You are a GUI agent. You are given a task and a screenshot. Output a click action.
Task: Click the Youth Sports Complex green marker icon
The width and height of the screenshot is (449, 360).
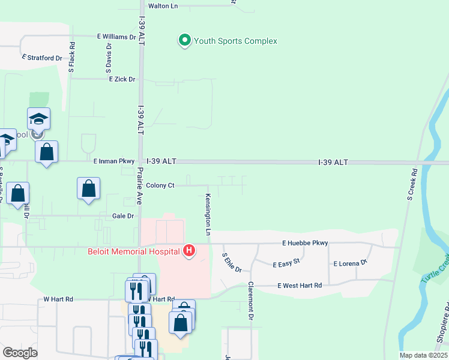(185, 41)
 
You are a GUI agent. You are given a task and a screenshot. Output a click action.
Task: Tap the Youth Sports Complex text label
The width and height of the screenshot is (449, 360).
(235, 41)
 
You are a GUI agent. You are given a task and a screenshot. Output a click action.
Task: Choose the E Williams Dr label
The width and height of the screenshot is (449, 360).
(116, 37)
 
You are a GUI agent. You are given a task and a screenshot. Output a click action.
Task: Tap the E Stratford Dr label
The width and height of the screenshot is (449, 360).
(42, 58)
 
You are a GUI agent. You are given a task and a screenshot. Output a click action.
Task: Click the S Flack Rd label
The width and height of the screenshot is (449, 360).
(71, 58)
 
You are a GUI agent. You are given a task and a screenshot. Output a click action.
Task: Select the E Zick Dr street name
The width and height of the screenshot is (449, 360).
(122, 79)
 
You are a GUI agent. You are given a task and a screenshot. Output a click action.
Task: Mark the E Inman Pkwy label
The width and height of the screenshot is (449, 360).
(114, 161)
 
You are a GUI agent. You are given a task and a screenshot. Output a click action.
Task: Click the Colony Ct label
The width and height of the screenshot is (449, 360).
(160, 185)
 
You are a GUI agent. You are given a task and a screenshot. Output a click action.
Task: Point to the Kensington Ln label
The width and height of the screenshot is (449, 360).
(208, 214)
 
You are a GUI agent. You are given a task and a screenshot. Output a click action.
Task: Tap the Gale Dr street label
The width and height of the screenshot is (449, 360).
(122, 215)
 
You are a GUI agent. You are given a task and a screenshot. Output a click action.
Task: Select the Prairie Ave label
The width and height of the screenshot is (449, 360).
(139, 186)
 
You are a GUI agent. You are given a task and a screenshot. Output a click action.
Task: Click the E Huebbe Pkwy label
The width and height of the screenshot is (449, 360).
(306, 243)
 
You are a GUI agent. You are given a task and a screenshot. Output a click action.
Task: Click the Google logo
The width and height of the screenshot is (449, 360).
(20, 353)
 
